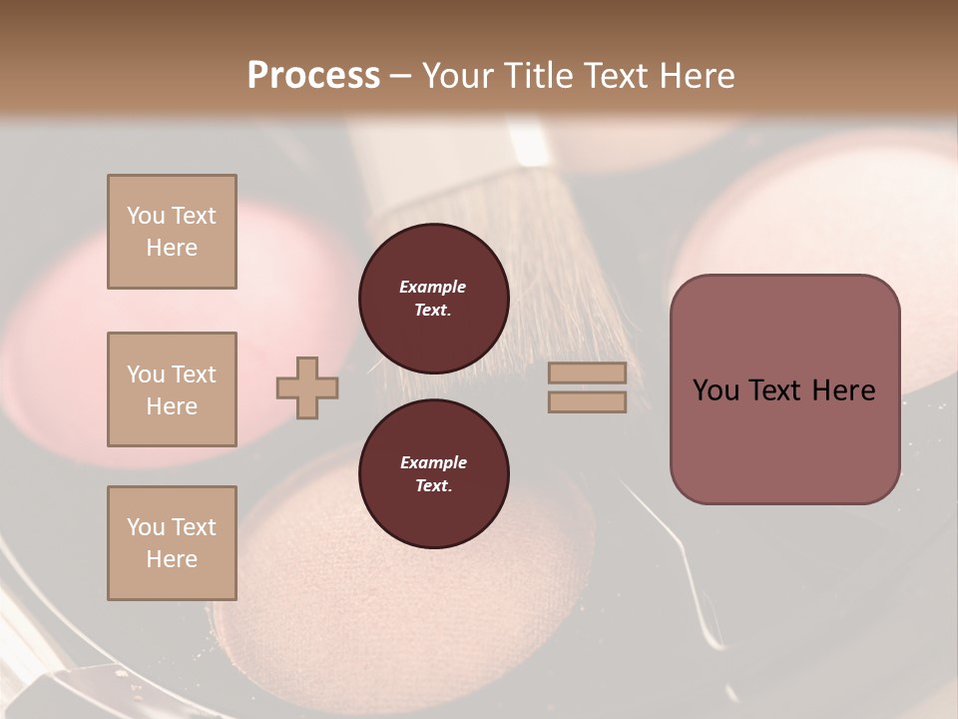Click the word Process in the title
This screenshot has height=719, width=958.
click(313, 76)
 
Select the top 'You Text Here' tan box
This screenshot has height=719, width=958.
click(172, 232)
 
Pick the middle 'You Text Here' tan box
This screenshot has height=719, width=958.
click(172, 389)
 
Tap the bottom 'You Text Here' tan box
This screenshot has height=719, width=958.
click(172, 543)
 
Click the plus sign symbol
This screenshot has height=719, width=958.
click(307, 387)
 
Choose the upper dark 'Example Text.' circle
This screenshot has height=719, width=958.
click(433, 299)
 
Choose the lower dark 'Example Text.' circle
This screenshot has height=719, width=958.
click(433, 474)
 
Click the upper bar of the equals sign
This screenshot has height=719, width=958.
click(587, 373)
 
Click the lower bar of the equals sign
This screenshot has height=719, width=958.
click(587, 401)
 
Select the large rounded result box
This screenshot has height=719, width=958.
click(784, 389)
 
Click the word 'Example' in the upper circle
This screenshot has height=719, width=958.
click(433, 288)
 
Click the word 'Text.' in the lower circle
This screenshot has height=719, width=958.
click(433, 486)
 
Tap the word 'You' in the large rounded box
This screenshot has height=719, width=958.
click(715, 390)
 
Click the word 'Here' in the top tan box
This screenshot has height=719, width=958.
click(172, 248)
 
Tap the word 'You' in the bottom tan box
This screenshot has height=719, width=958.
click(145, 527)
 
